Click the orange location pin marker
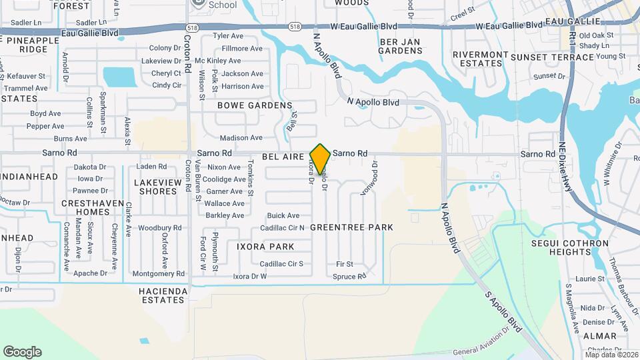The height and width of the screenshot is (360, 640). [320, 160]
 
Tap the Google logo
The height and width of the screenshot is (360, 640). [22, 351]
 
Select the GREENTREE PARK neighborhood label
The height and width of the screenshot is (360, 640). [351, 227]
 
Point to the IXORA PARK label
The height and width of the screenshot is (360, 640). [265, 247]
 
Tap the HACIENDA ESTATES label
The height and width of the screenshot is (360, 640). [161, 296]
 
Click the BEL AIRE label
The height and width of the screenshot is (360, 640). [283, 155]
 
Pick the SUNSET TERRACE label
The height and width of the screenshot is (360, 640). [552, 57]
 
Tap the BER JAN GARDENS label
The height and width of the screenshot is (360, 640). [401, 46]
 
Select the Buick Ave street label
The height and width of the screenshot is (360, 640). [283, 215]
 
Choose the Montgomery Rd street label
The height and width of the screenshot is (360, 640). [159, 273]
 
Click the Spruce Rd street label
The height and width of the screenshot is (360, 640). [349, 276]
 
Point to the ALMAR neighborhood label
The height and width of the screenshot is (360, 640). [600, 336]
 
